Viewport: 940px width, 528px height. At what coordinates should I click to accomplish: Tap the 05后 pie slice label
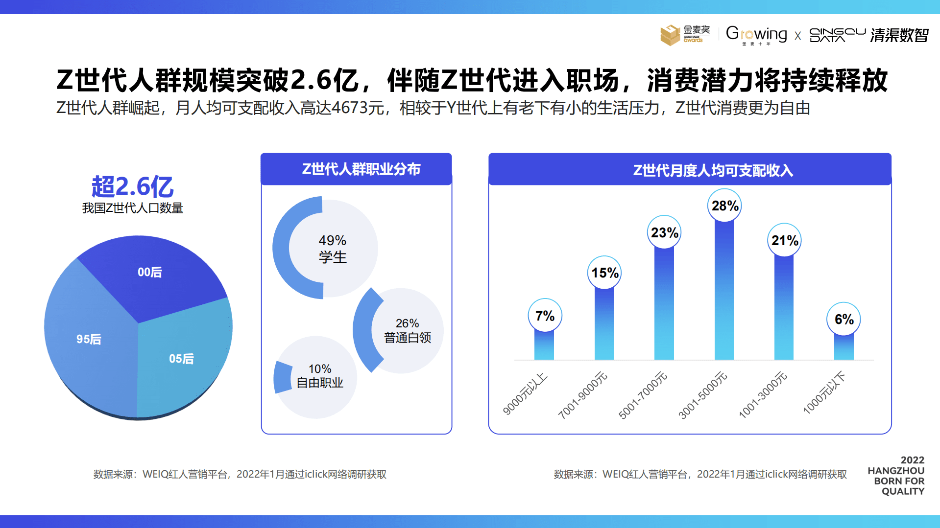click(x=181, y=359)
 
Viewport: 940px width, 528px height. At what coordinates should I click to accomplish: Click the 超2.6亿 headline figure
click(x=132, y=186)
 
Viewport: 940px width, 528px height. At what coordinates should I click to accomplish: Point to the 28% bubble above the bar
click(x=724, y=206)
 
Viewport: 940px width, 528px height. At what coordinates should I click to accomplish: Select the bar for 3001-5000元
click(x=724, y=294)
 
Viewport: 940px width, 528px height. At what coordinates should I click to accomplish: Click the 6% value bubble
click(x=844, y=319)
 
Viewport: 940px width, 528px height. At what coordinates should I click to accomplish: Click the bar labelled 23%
click(x=664, y=303)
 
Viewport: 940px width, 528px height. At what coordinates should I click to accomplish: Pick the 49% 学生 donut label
click(x=333, y=249)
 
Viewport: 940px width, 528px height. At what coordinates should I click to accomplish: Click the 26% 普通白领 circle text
click(x=408, y=330)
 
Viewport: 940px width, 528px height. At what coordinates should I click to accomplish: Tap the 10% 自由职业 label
click(x=320, y=376)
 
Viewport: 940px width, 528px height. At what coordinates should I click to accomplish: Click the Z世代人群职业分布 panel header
click(x=361, y=169)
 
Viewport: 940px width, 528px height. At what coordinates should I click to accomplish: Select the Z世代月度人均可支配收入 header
click(x=713, y=170)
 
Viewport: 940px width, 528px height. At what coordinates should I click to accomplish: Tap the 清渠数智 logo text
click(x=899, y=35)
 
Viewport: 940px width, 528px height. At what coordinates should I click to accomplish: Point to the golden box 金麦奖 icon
click(x=670, y=35)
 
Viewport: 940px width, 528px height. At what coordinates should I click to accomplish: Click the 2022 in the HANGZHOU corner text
click(x=912, y=460)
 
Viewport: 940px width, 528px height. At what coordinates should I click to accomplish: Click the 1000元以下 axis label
click(x=824, y=393)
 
